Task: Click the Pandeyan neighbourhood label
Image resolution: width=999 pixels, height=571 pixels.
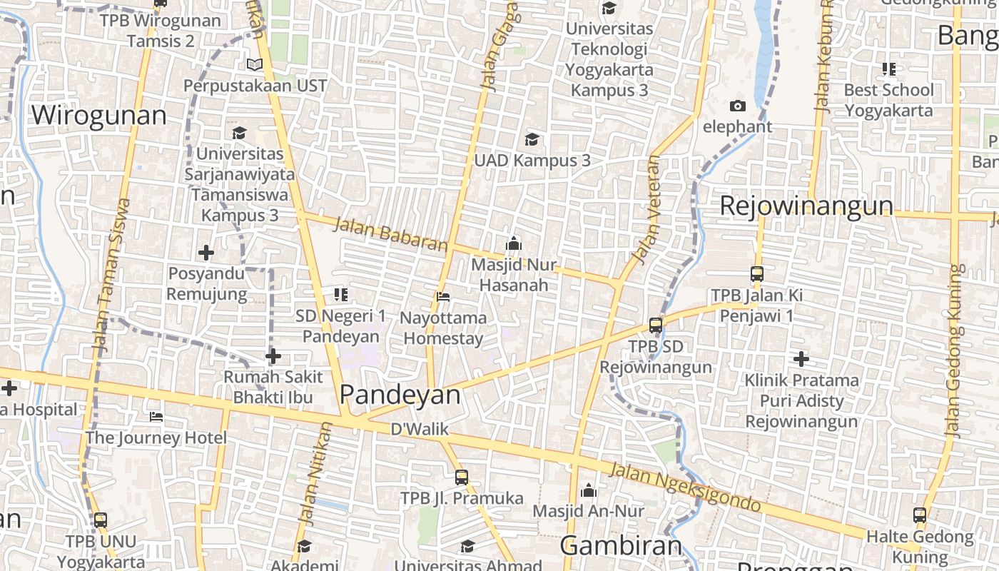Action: pyautogui.click(x=400, y=395)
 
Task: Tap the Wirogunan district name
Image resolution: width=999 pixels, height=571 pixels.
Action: pyautogui.click(x=98, y=115)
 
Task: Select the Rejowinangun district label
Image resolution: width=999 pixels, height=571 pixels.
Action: pyautogui.click(x=806, y=206)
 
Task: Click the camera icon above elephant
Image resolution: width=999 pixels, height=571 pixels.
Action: pyautogui.click(x=738, y=106)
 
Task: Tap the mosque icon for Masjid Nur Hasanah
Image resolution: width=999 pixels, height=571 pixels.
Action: pyautogui.click(x=513, y=243)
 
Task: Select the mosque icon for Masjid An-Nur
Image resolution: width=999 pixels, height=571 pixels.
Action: pyautogui.click(x=589, y=490)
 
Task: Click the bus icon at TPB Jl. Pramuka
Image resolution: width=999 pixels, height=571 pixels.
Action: pyautogui.click(x=462, y=477)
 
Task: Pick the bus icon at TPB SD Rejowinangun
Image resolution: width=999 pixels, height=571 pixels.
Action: pyautogui.click(x=656, y=325)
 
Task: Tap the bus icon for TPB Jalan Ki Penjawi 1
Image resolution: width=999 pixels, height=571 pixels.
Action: pyautogui.click(x=757, y=274)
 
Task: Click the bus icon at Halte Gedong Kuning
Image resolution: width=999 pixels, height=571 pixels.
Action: pyautogui.click(x=920, y=515)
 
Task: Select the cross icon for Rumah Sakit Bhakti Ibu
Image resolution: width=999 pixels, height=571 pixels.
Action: pyautogui.click(x=273, y=356)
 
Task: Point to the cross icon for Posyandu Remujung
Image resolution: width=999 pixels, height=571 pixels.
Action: pyautogui.click(x=206, y=253)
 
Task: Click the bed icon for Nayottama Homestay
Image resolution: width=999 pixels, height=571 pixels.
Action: pyautogui.click(x=443, y=296)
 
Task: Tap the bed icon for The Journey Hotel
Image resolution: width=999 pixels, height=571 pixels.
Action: pyautogui.click(x=156, y=416)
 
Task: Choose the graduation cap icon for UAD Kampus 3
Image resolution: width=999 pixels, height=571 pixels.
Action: pyautogui.click(x=532, y=139)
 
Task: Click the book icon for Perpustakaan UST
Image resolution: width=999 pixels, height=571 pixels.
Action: pyautogui.click(x=255, y=64)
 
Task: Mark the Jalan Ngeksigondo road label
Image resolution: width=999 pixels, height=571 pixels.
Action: pyautogui.click(x=685, y=487)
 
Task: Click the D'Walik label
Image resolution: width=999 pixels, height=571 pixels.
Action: pyautogui.click(x=420, y=429)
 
